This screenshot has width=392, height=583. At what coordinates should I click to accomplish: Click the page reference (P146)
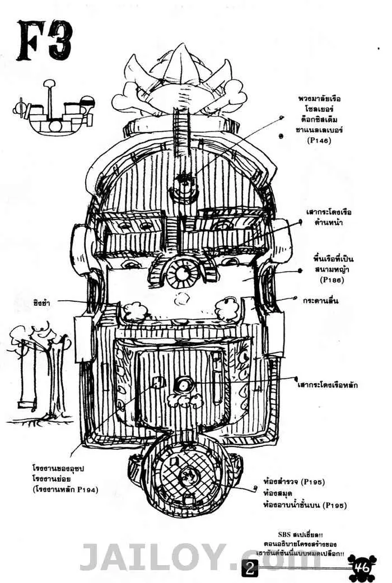[319, 141]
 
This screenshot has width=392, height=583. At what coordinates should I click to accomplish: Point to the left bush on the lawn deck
[134, 312]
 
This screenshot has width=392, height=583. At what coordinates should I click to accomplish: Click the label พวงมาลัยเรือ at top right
[319, 99]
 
